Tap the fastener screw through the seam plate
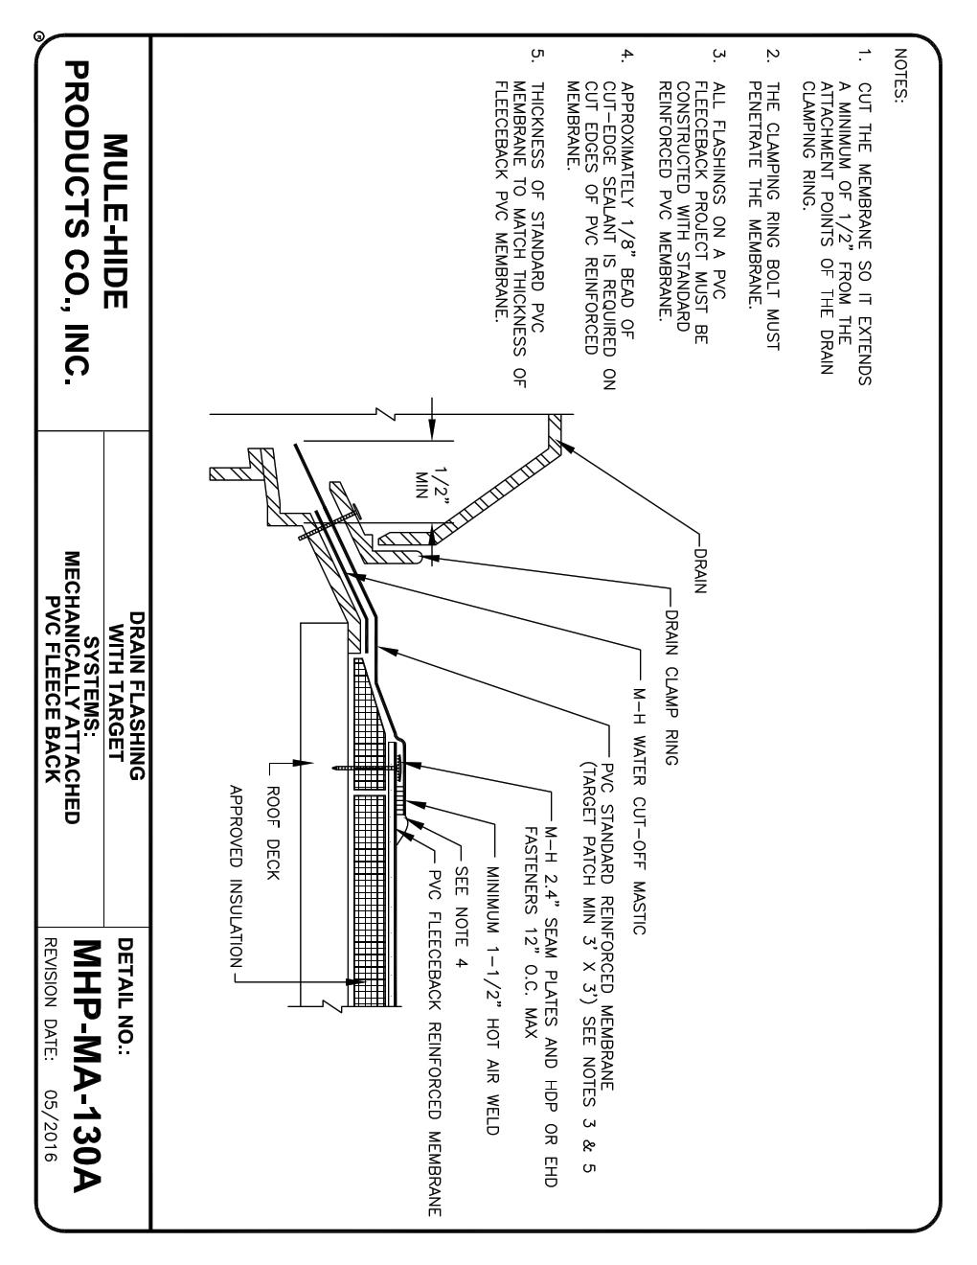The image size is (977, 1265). (x=369, y=767)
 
